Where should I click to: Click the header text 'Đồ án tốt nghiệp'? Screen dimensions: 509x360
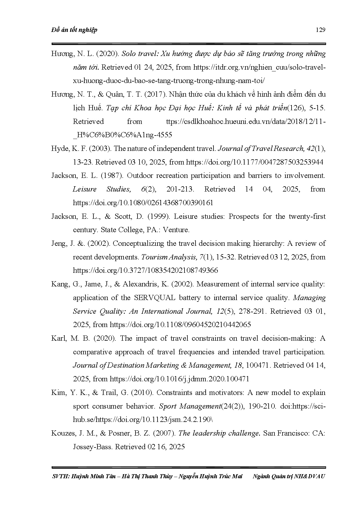74,30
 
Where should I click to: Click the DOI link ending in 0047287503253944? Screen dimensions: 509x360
254,162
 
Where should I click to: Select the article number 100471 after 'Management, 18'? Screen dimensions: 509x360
258,365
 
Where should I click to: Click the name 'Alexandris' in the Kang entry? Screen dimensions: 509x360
141,284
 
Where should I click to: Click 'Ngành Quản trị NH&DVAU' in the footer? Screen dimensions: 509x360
289,476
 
